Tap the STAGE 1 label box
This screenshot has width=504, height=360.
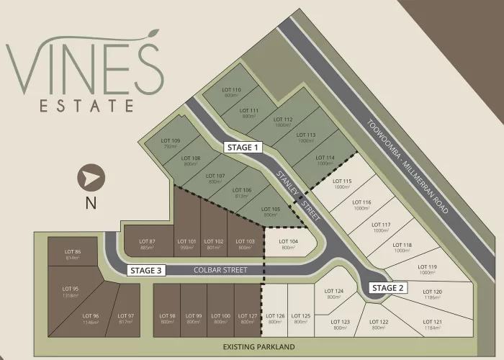pos(242,147)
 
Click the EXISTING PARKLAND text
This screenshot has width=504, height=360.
pos(259,347)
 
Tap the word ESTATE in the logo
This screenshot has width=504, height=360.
pos(86,105)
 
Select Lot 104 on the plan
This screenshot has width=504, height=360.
pos(288,244)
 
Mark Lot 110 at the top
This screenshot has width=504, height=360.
pos(232,92)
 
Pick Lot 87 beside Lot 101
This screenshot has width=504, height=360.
pos(148,244)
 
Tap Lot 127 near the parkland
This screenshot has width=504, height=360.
pos(247,318)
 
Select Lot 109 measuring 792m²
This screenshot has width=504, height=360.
pos(170,143)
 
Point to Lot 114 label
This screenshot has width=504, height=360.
pos(325,160)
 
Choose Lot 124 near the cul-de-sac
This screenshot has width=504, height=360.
pos(333,294)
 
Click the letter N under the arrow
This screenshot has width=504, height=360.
pos(91,203)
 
